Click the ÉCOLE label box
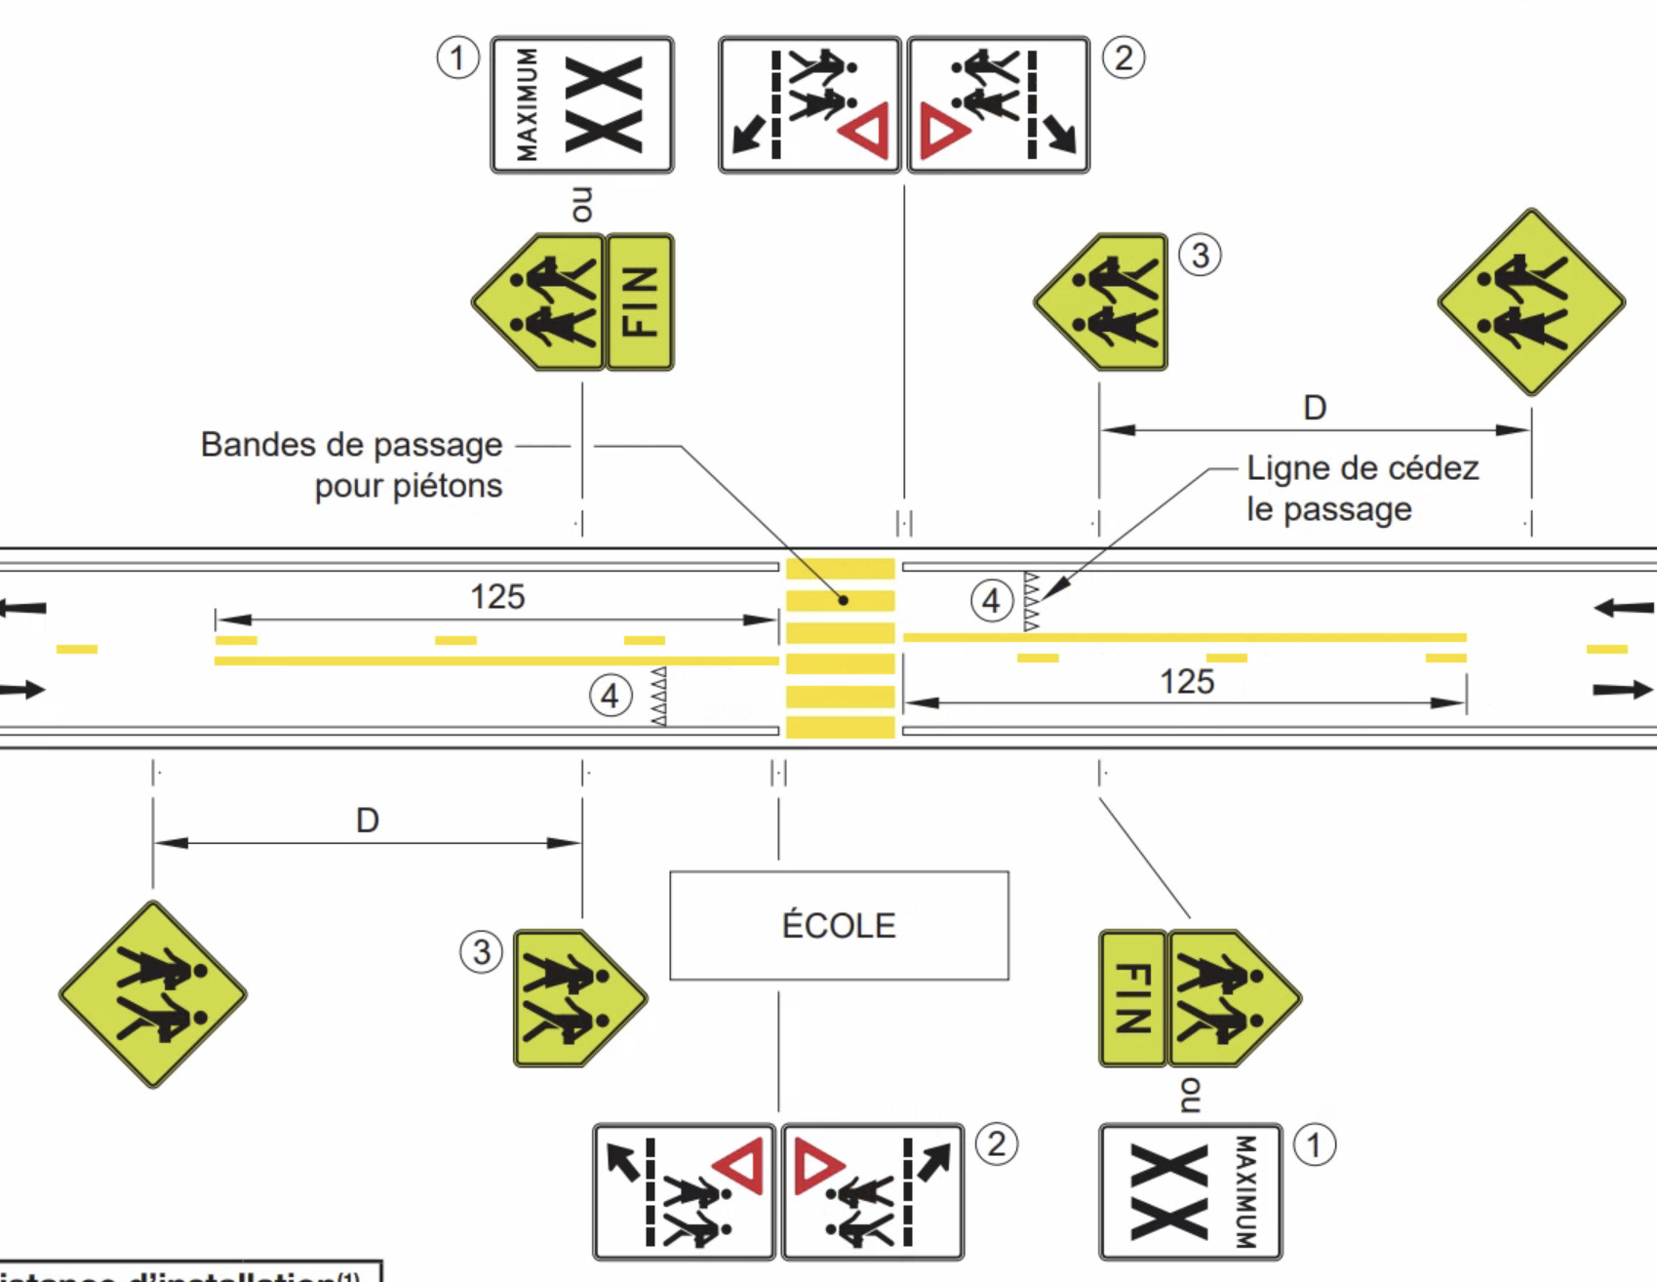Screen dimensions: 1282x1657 point(839,925)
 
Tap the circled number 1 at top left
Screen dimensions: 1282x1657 point(457,58)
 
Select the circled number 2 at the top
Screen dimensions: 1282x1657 point(1124,58)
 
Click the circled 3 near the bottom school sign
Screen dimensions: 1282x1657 point(481,952)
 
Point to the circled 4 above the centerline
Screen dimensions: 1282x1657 point(991,601)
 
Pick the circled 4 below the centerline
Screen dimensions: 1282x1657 point(611,697)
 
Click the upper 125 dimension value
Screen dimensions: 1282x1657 point(497,596)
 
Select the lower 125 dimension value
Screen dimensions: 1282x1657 point(1187,681)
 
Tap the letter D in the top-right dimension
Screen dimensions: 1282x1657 point(1315,408)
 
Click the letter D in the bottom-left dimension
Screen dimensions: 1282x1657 point(367,821)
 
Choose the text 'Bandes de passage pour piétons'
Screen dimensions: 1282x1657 point(352,464)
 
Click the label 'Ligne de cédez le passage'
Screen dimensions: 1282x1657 point(1361,488)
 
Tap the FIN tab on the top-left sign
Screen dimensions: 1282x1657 point(640,301)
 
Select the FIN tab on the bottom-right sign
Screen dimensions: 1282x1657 point(1132,998)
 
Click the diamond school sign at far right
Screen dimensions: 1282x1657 point(1531,301)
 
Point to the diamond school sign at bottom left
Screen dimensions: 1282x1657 point(153,994)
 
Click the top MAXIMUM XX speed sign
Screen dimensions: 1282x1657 point(582,105)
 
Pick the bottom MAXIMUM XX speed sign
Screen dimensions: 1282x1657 point(1190,1191)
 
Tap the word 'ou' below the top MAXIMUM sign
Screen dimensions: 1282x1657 point(582,204)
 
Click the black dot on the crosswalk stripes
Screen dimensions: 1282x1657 point(843,600)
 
